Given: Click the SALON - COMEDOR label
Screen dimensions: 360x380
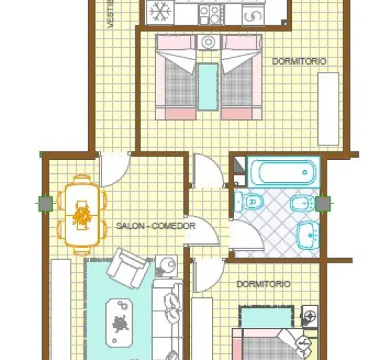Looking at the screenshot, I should click(x=155, y=226).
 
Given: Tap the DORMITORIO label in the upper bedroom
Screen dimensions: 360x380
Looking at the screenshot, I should click(x=299, y=61).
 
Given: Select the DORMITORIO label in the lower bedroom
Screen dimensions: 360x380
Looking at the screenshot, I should click(x=263, y=284).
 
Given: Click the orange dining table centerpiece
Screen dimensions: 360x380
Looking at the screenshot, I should click(x=83, y=215).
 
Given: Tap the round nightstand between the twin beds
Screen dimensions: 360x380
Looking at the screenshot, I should click(x=209, y=43).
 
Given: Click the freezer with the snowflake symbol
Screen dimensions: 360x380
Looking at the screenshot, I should click(x=160, y=11).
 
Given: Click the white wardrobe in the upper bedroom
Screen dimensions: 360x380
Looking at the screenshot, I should click(x=329, y=108).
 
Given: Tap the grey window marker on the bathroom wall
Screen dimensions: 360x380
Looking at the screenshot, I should click(x=324, y=203).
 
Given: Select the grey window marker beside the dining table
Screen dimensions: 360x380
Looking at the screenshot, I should click(x=44, y=203).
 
